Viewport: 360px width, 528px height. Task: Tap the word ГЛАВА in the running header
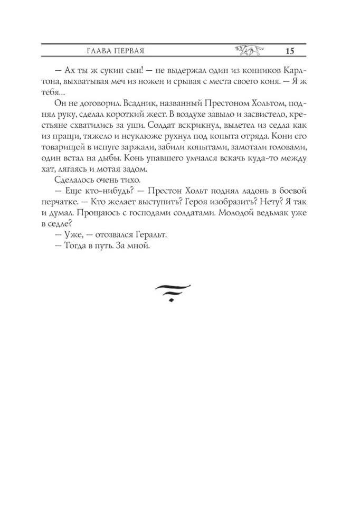coord(98,51)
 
